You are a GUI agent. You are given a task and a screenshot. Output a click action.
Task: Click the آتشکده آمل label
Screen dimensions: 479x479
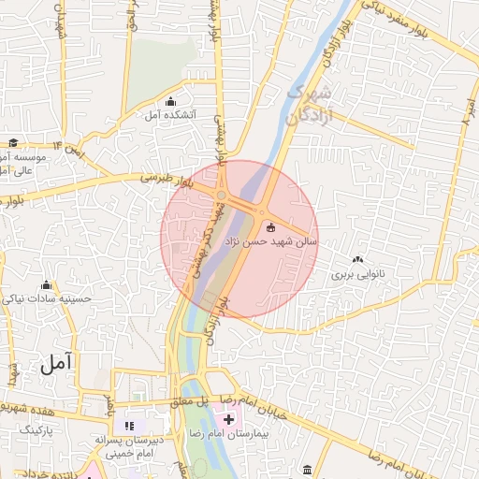point(169,115)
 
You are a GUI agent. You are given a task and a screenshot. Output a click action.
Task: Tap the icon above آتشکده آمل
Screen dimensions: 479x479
point(169,102)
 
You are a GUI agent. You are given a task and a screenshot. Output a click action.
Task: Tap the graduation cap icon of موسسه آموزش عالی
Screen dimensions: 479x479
point(13,143)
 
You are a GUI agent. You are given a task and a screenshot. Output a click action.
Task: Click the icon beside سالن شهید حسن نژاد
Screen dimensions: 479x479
point(271,226)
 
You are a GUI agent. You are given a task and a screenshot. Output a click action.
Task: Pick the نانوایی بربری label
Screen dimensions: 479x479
point(358,276)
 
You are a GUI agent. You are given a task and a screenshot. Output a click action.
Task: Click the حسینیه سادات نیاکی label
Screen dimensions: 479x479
point(47,299)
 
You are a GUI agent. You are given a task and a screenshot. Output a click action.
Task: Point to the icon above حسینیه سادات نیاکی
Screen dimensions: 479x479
point(47,285)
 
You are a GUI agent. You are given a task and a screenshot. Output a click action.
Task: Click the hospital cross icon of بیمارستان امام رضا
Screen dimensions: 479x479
point(229,419)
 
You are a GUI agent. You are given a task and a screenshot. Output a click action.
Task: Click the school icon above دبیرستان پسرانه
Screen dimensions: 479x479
point(129,426)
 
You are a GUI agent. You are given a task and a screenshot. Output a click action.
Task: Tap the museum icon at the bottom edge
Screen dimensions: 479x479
point(308,468)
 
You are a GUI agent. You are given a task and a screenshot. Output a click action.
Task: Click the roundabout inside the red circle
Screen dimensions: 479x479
point(222,195)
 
